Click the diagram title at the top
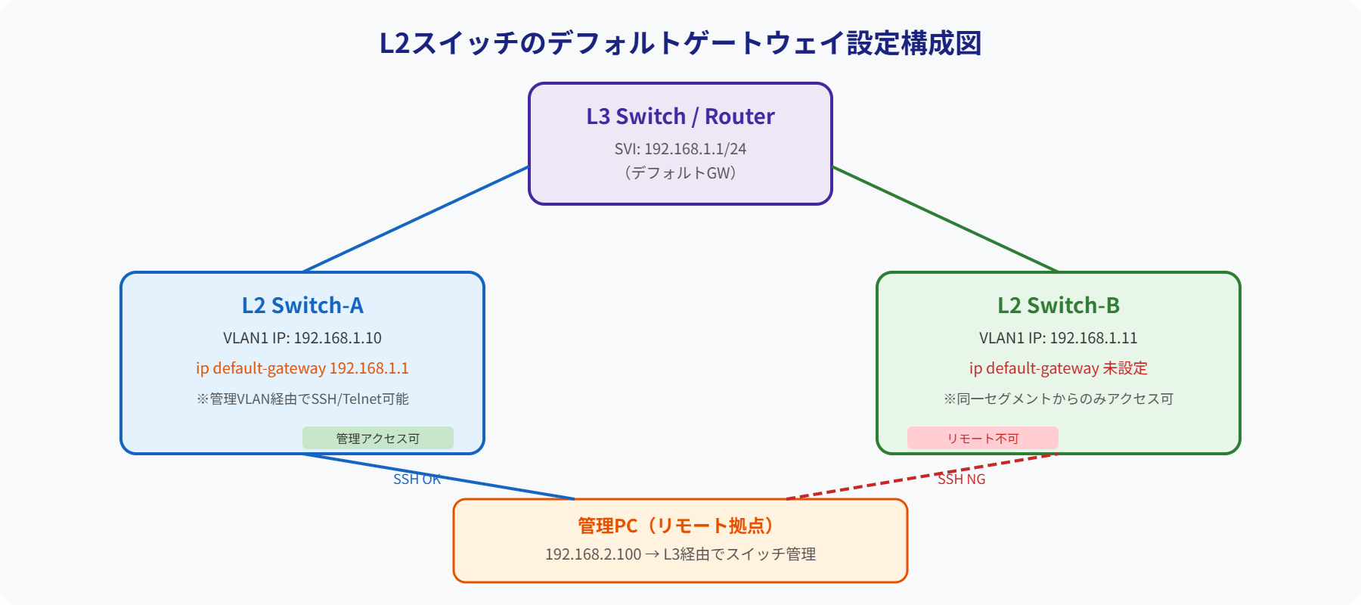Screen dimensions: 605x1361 [x=680, y=43]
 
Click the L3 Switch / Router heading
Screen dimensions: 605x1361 [x=680, y=116]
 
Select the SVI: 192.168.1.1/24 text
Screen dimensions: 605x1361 [x=680, y=149]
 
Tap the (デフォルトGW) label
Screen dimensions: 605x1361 [x=680, y=173]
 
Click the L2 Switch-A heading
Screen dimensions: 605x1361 [x=302, y=306]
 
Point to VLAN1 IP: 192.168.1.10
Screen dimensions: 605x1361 [x=302, y=338]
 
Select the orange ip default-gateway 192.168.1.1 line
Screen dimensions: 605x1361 [x=302, y=368]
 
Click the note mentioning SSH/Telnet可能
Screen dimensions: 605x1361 [x=302, y=399]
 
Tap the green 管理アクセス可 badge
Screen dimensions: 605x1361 [x=378, y=438]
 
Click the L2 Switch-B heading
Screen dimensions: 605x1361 [x=1059, y=306]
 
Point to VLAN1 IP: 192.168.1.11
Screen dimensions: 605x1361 [x=1059, y=338]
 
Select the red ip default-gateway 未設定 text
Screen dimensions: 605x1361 [x=1059, y=368]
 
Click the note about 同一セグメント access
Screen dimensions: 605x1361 [x=1059, y=399]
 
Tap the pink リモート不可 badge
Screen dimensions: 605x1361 [x=983, y=438]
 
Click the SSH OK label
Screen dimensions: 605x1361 [x=417, y=479]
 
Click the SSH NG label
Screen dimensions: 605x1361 [x=961, y=479]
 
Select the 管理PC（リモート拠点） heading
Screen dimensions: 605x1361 [x=677, y=526]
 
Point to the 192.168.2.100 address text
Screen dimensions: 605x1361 [x=594, y=554]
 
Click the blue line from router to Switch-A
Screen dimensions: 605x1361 [x=416, y=219]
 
